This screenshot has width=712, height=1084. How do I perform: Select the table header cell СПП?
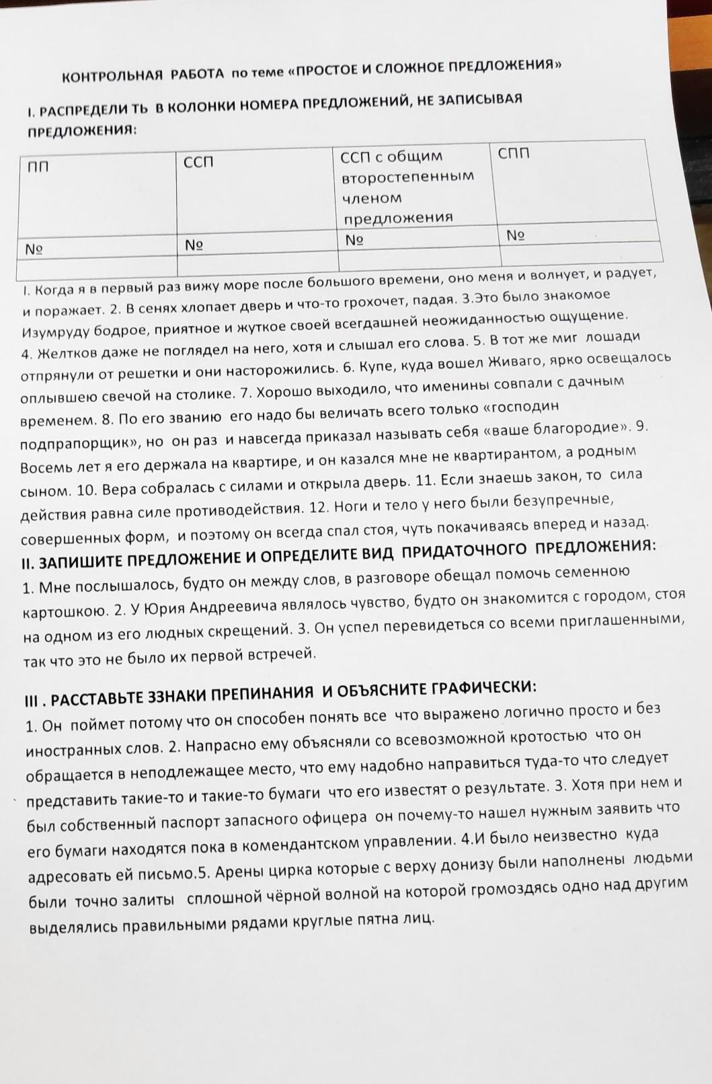point(514,153)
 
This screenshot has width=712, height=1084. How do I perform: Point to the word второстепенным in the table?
point(407,177)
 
